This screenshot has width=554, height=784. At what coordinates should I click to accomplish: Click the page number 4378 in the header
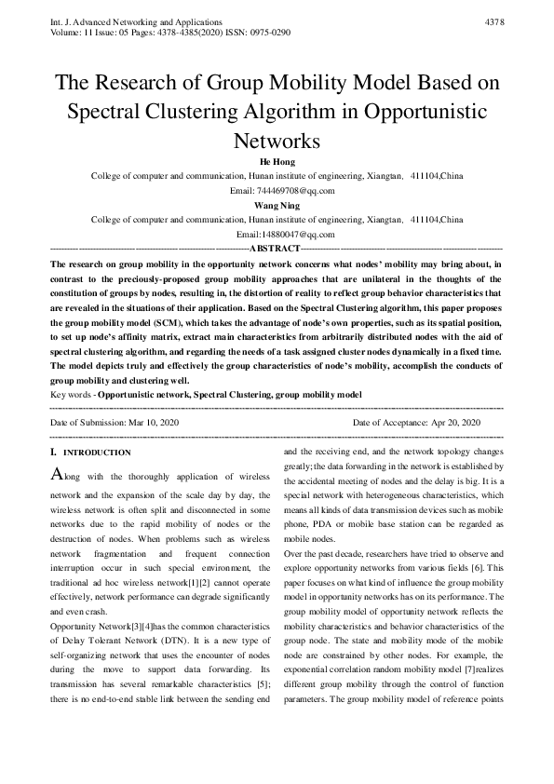coord(494,20)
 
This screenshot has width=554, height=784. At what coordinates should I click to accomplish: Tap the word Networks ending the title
coord(277,142)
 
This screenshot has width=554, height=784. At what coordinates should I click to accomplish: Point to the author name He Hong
coord(277,161)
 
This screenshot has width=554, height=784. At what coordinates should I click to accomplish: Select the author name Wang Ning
coord(277,205)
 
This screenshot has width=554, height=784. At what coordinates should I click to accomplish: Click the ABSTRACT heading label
coord(276,250)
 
